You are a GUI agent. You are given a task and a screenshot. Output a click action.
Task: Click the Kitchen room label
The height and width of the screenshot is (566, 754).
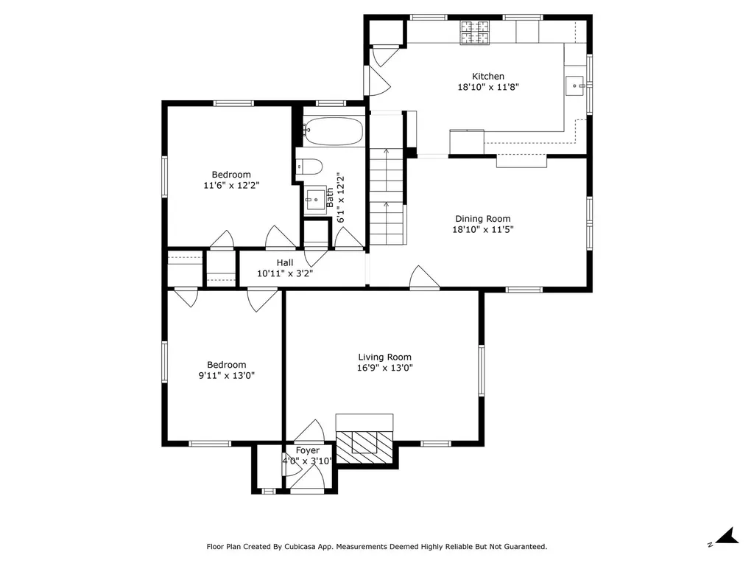click(488, 76)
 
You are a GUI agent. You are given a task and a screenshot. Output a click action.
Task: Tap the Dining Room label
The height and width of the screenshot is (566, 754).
click(483, 218)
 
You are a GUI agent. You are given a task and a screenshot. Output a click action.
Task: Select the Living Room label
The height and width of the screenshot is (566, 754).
click(384, 357)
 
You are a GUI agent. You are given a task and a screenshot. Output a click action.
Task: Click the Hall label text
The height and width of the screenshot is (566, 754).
click(285, 263)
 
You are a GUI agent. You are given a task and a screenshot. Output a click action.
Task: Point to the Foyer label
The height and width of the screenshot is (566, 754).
click(307, 450)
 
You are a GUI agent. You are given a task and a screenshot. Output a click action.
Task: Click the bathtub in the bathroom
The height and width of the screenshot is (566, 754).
click(334, 131)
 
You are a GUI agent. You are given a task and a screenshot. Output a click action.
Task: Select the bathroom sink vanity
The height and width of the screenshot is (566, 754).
click(316, 198)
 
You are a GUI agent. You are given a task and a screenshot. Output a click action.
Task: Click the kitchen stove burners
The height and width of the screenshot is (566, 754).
click(475, 32)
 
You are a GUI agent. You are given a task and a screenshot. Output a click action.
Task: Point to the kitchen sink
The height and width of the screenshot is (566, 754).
click(574, 85)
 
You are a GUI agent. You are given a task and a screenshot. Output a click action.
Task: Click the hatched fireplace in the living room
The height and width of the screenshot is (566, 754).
click(364, 447)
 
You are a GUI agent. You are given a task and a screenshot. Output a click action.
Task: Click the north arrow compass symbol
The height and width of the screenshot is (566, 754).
click(727, 537)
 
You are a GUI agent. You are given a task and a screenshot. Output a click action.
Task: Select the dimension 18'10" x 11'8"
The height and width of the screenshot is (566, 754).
click(488, 87)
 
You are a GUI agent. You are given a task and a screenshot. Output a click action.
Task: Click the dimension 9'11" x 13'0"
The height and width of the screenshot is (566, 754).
click(227, 375)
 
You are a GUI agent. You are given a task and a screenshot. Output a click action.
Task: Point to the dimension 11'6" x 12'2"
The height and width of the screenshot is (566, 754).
click(231, 185)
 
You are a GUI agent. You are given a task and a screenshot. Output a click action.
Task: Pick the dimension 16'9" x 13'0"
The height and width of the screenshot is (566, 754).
click(384, 368)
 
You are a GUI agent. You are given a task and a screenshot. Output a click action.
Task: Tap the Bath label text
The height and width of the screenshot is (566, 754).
click(330, 198)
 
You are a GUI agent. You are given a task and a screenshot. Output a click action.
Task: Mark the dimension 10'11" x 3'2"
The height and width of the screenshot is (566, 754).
click(285, 274)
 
